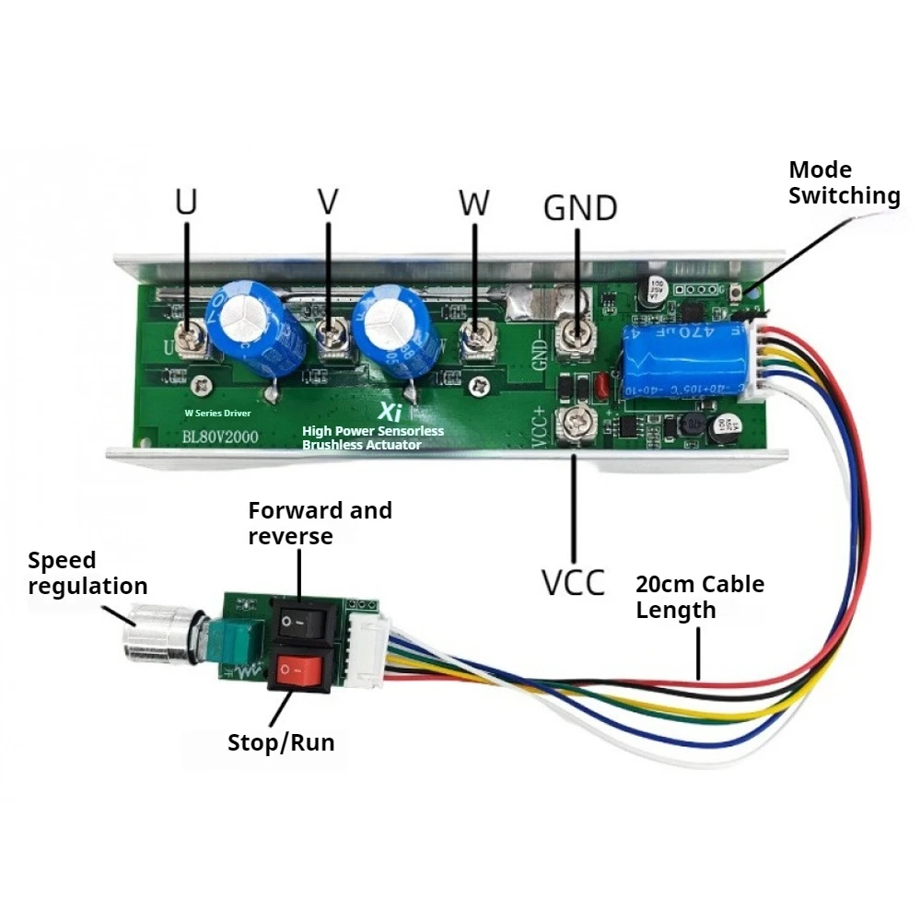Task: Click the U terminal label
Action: tap(187, 203)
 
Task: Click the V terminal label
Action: tap(329, 203)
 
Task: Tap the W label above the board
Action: tap(474, 203)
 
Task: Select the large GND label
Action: tap(579, 208)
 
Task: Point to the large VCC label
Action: tap(572, 582)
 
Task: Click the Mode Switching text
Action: tap(843, 182)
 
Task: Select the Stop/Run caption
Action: tap(281, 742)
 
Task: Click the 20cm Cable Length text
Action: tap(700, 597)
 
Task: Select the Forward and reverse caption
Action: tap(319, 522)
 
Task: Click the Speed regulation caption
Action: tap(87, 573)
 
